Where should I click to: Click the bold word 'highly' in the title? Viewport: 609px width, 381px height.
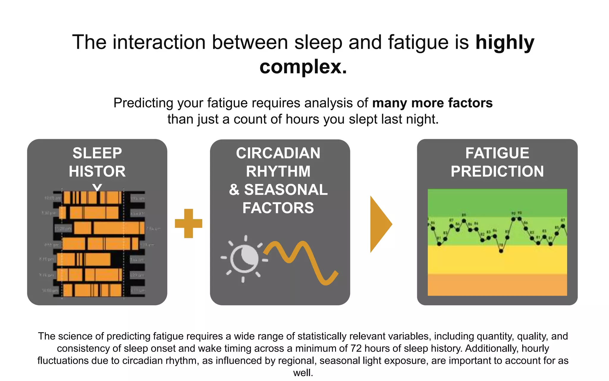(x=505, y=42)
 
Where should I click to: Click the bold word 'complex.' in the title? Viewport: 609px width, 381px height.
(x=303, y=67)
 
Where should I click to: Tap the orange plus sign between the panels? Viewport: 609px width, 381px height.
(x=189, y=223)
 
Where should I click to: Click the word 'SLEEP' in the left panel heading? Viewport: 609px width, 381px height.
(x=97, y=153)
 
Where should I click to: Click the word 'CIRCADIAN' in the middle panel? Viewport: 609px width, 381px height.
(x=278, y=153)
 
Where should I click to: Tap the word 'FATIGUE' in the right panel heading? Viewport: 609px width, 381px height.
(x=497, y=153)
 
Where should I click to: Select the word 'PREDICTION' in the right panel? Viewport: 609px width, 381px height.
(x=497, y=171)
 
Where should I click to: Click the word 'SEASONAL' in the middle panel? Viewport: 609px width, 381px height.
(x=286, y=190)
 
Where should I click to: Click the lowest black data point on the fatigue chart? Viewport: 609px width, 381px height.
(x=501, y=251)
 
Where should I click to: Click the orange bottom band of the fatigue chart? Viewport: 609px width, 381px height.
(x=497, y=285)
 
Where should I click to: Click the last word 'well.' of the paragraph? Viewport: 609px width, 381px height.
(x=303, y=373)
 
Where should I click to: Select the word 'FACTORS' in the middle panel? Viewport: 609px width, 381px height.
(x=278, y=208)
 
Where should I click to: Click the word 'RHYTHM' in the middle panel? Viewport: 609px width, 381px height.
(x=278, y=171)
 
